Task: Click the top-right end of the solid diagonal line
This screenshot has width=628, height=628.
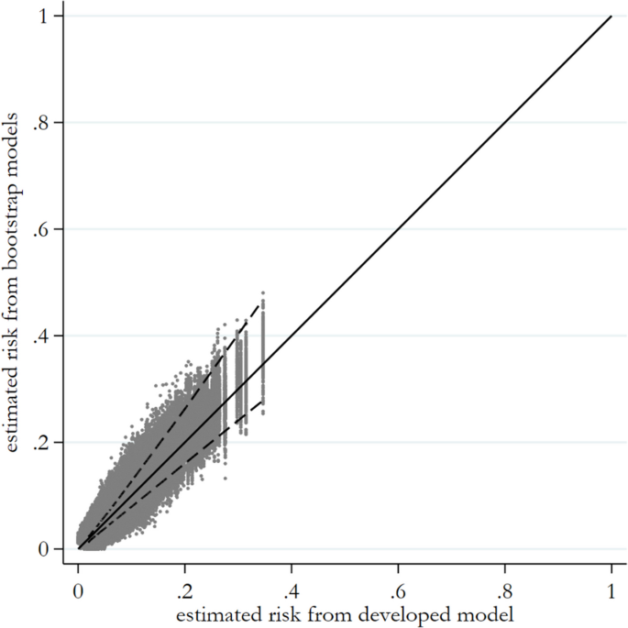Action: click(x=611, y=17)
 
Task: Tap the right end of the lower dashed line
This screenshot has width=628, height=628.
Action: click(x=264, y=401)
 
